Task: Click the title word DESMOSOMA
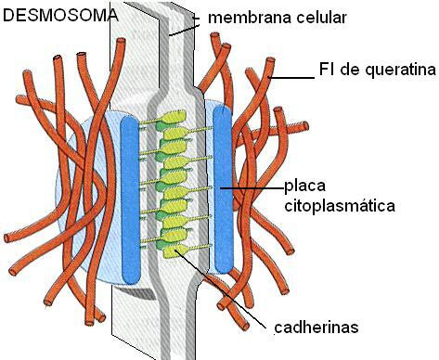click(60, 16)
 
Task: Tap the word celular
click(321, 18)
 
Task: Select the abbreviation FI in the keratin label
click(327, 70)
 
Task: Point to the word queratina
click(401, 71)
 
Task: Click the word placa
click(305, 186)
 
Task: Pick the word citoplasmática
click(340, 206)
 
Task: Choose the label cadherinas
click(316, 328)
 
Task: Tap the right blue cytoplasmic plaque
click(223, 189)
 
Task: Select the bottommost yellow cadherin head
click(171, 251)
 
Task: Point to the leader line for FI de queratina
click(291, 77)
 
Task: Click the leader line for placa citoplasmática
click(252, 187)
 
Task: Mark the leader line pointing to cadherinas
click(219, 287)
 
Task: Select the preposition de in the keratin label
click(350, 70)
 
